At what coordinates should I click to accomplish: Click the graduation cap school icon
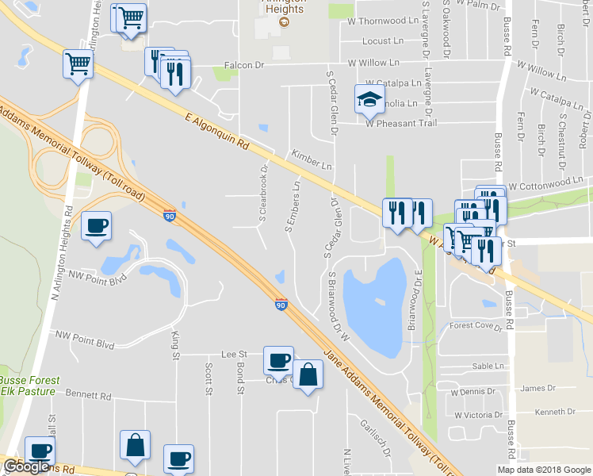pyautogui.click(x=369, y=99)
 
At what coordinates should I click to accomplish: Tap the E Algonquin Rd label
pyautogui.click(x=216, y=133)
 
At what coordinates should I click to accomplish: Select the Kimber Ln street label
pyautogui.click(x=312, y=160)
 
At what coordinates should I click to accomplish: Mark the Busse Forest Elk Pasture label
pyautogui.click(x=28, y=386)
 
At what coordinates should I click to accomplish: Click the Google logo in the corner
pyautogui.click(x=27, y=466)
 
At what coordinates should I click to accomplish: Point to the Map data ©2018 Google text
pyautogui.click(x=544, y=470)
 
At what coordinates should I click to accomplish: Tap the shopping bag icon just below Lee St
pyautogui.click(x=308, y=375)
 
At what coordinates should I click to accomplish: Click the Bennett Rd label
pyautogui.click(x=88, y=394)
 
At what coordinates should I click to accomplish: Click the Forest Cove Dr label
pyautogui.click(x=476, y=325)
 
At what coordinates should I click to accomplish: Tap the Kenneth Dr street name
pyautogui.click(x=555, y=412)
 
